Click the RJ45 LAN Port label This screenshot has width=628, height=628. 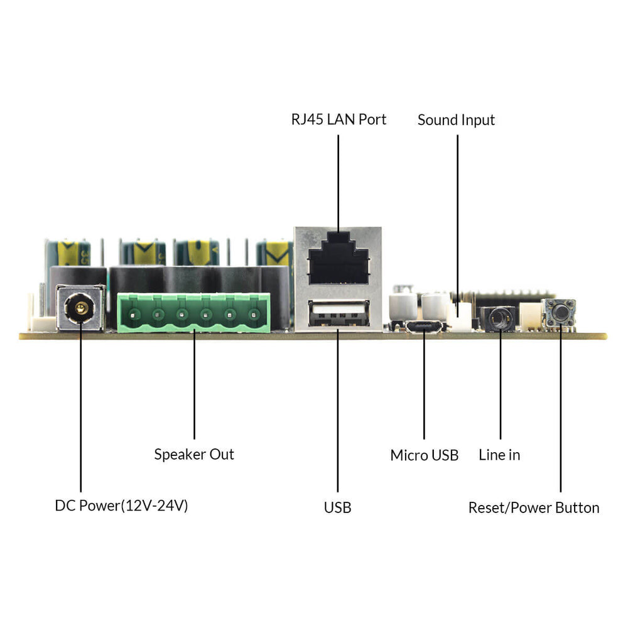(338, 119)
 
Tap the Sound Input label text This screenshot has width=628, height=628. (456, 120)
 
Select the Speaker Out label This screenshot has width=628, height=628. (194, 454)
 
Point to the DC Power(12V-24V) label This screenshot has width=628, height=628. (121, 506)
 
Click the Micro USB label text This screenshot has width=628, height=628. (424, 455)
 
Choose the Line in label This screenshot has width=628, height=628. (499, 455)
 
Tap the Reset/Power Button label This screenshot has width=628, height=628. (534, 507)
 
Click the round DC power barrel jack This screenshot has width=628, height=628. (80, 308)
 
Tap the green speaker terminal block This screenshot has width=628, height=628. (193, 313)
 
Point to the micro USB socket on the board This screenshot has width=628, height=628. (424, 327)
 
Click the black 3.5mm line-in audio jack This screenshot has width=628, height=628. (499, 319)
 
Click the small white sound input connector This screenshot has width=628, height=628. (462, 317)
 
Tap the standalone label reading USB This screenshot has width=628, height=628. (337, 507)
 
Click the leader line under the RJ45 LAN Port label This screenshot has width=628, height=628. (338, 182)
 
